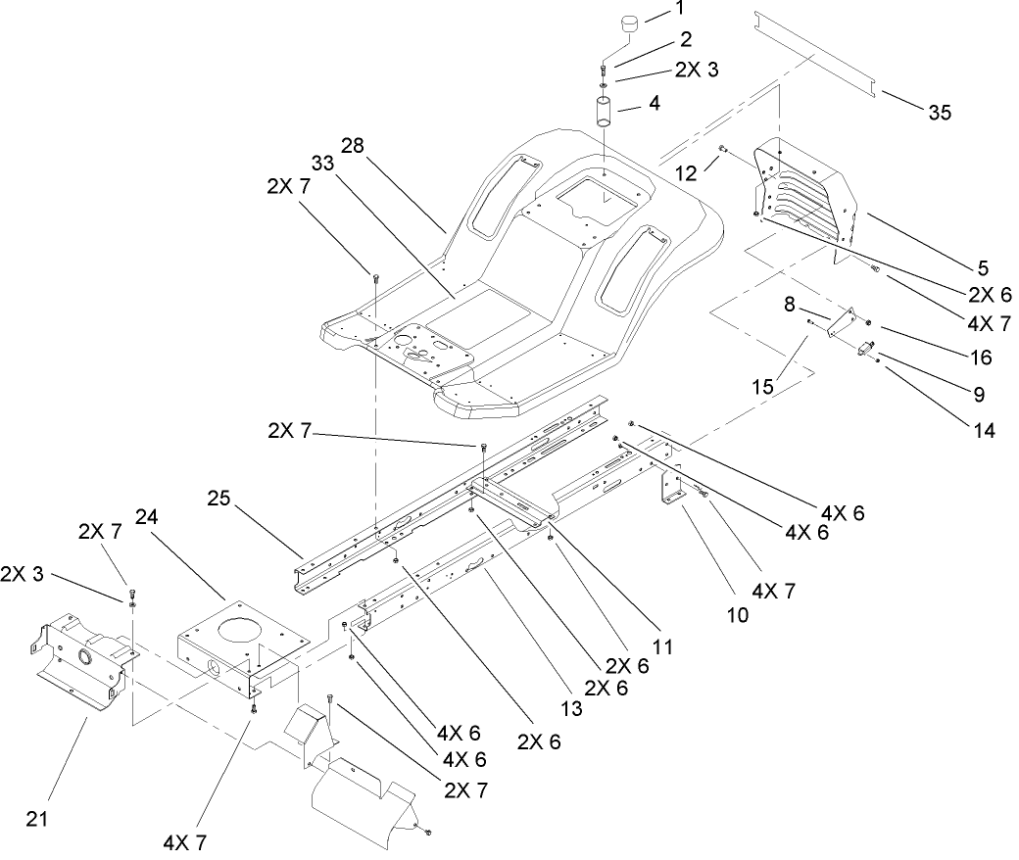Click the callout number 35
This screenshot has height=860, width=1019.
click(939, 113)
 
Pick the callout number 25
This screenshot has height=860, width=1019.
click(220, 499)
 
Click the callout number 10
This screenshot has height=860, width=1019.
click(736, 615)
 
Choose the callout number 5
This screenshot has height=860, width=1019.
click(982, 266)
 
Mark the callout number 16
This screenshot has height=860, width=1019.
click(980, 358)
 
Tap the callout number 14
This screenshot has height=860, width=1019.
click(984, 428)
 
